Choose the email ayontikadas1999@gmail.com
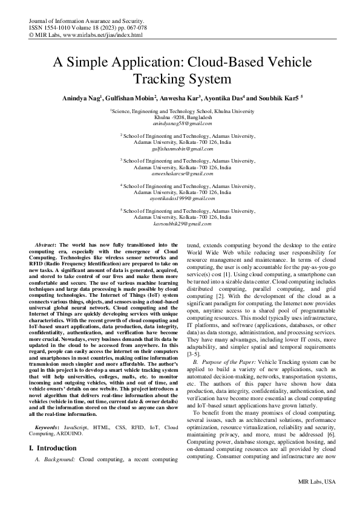pos(182,198)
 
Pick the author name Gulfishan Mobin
pos(133,97)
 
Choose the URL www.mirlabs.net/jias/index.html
pos(100,35)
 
